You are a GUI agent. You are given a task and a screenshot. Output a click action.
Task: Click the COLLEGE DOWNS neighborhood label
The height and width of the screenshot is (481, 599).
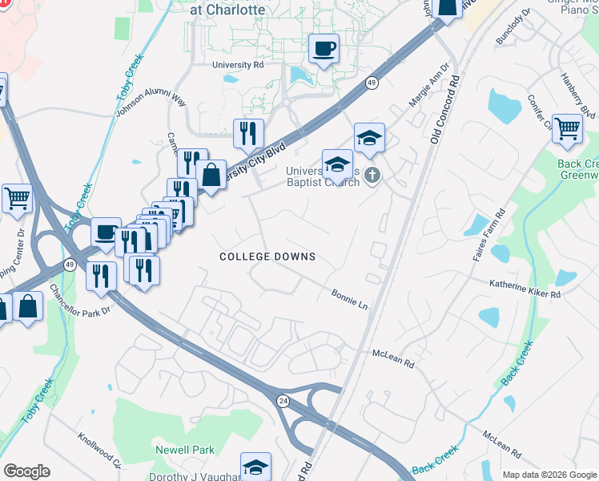(267, 257)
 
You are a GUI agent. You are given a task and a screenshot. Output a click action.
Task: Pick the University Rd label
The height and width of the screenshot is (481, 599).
(238, 65)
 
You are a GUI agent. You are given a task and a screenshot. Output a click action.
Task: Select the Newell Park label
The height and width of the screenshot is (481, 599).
(185, 451)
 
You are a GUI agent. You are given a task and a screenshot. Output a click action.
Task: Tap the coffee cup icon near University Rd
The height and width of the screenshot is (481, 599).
(324, 49)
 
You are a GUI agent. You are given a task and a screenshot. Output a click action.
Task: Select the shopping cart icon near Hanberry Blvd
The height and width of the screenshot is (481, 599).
(567, 128)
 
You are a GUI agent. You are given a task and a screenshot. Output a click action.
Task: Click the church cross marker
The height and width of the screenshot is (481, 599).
(371, 174)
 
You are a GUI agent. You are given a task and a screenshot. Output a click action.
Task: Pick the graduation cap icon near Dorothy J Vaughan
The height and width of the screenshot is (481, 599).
(255, 467)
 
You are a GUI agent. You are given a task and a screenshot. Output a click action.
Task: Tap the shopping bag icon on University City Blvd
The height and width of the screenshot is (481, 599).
(211, 174)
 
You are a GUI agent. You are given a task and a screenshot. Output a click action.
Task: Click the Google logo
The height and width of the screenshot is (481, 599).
(26, 471)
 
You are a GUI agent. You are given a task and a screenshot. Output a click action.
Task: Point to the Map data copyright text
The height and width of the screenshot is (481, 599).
(549, 474)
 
